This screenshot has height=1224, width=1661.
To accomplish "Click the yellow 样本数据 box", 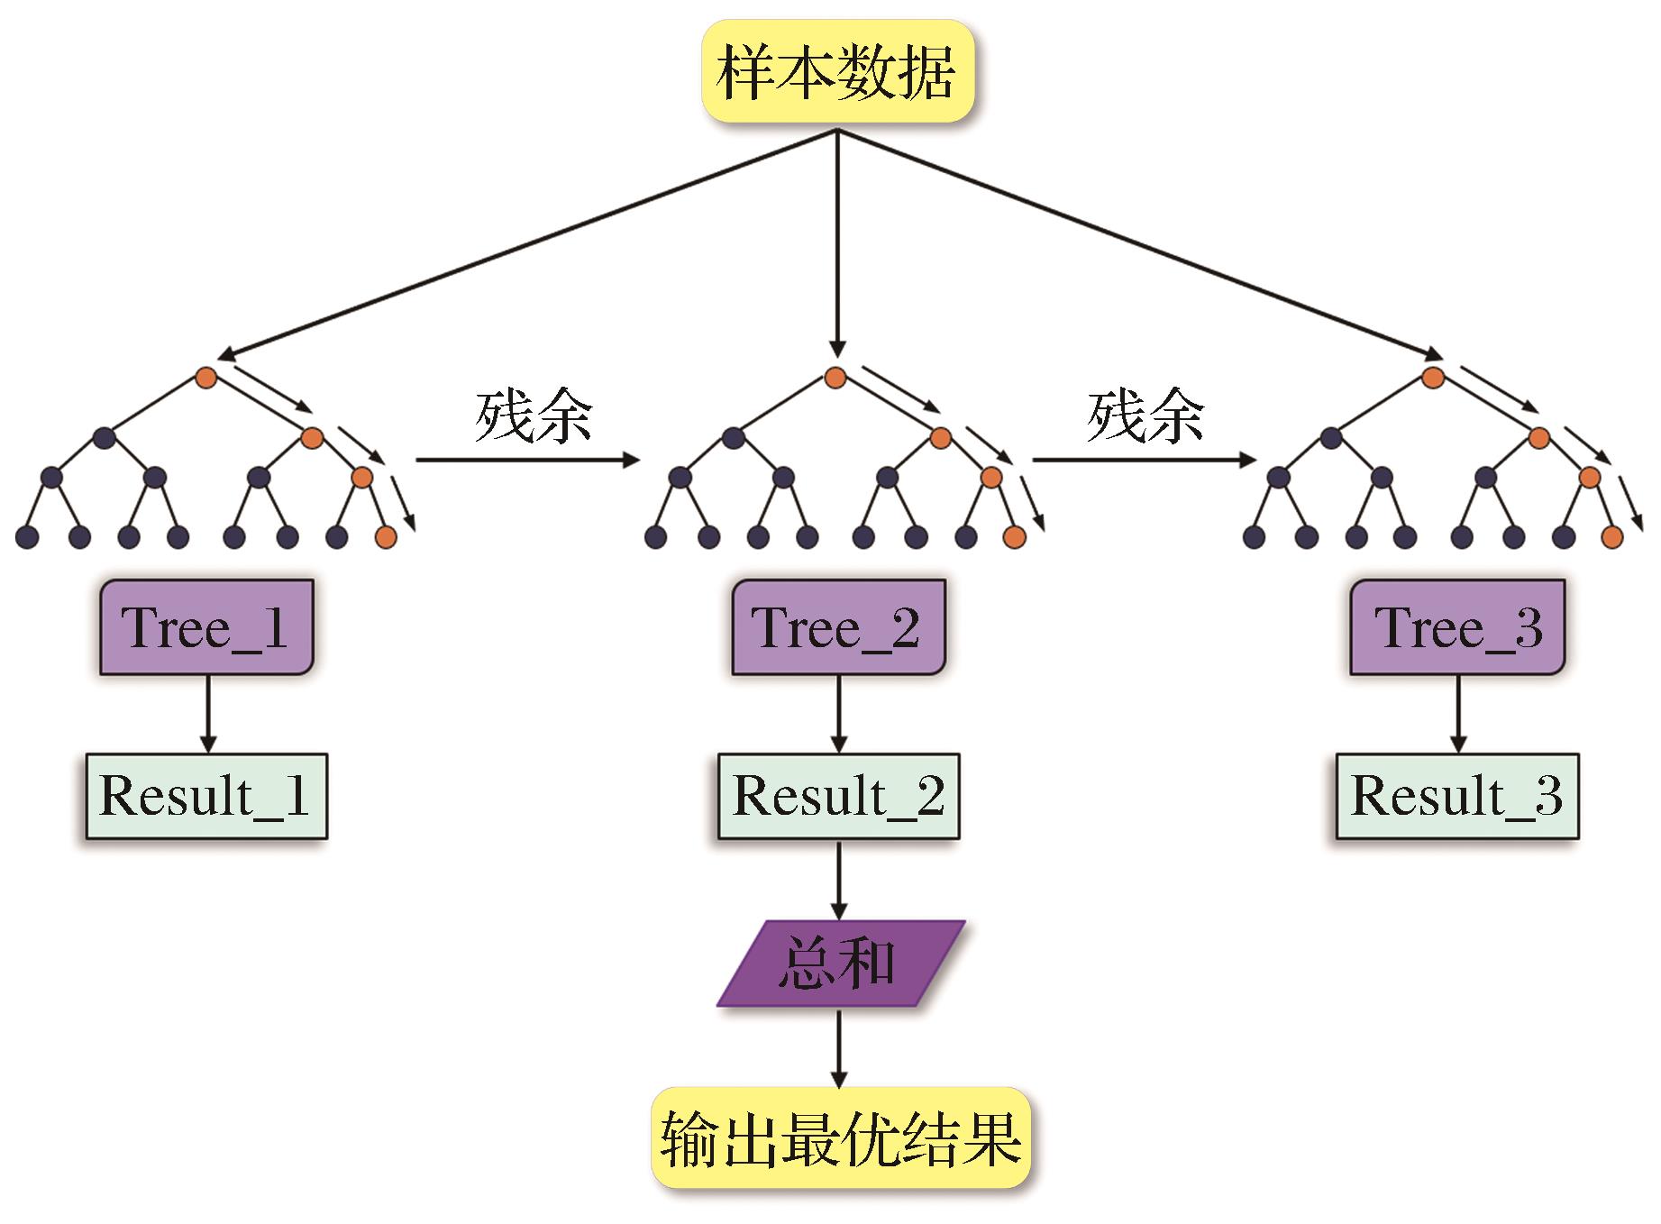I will tap(837, 72).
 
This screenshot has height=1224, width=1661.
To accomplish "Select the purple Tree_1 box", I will tap(206, 627).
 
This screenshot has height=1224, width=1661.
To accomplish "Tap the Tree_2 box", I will tap(838, 627).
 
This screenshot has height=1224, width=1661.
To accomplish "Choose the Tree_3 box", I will tap(1457, 627).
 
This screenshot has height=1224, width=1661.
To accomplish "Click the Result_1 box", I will tap(206, 797).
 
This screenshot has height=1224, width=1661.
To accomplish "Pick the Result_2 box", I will tap(838, 797).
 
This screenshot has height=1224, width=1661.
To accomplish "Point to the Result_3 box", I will tap(1457, 797).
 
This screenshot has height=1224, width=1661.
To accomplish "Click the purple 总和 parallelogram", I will tap(840, 964).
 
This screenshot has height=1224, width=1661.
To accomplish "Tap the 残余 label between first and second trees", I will tap(534, 417).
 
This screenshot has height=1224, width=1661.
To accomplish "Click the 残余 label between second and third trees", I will tap(1145, 417).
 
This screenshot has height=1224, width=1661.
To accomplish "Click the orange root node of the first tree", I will tap(206, 378).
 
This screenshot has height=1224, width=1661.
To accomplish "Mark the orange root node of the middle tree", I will tap(835, 378).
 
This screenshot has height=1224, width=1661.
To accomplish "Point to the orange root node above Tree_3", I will tap(1433, 377).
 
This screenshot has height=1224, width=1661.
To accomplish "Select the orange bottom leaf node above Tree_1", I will tap(386, 538).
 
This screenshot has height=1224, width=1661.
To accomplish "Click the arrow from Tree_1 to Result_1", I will tap(208, 714).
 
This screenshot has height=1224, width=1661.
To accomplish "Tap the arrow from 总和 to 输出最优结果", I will tap(839, 1047).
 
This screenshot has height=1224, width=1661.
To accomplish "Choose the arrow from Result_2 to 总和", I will tap(839, 880).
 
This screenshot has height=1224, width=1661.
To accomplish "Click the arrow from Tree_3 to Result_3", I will tap(1457, 714).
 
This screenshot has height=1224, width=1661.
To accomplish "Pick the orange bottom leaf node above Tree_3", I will tap(1612, 538).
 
